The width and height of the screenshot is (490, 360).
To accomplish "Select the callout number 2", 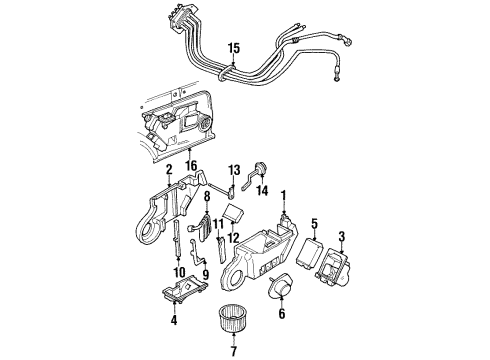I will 170,170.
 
